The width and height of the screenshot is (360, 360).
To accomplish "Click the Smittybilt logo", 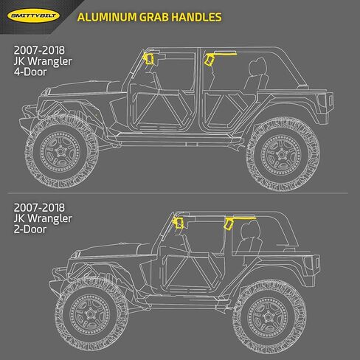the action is click(x=34, y=16).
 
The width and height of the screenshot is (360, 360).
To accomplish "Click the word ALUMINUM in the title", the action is click(x=107, y=17).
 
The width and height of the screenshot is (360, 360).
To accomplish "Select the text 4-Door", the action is click(x=30, y=72).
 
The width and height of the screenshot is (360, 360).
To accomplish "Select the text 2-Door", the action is click(x=30, y=229).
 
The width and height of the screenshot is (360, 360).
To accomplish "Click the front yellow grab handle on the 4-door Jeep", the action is click(x=148, y=59).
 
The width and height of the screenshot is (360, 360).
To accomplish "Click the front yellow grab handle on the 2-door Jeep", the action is click(x=178, y=223).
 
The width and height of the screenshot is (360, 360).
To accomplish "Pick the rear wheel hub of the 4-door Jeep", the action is click(x=281, y=154).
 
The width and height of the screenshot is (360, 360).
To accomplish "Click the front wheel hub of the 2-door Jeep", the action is click(x=90, y=314).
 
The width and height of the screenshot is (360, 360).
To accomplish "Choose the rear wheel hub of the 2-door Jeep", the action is click(x=267, y=317).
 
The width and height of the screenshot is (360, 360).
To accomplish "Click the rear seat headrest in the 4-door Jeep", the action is click(x=257, y=66).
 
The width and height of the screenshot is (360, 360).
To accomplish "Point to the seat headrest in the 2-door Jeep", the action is click(x=251, y=229).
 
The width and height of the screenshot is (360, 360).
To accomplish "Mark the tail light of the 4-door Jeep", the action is click(x=330, y=101).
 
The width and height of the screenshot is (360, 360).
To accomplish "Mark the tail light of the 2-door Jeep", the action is click(x=317, y=263).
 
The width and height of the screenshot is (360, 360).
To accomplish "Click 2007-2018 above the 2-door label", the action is click(x=39, y=208).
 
